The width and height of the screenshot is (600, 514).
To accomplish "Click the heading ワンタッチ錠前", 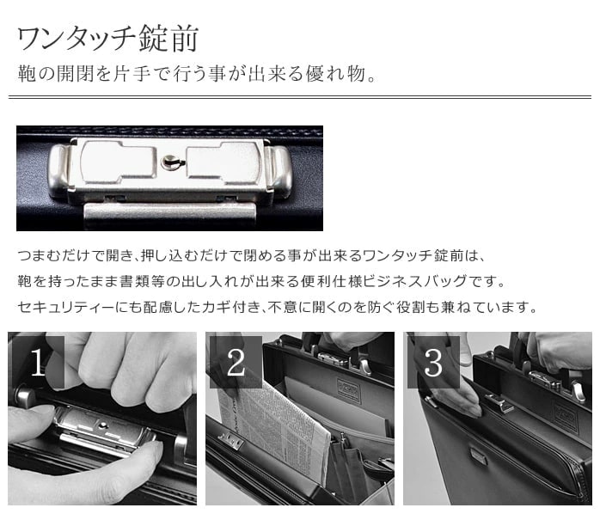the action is pyautogui.click(x=107, y=39).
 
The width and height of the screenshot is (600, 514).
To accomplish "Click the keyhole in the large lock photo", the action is pyautogui.click(x=169, y=162).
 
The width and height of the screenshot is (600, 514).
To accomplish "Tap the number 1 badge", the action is pyautogui.click(x=38, y=362).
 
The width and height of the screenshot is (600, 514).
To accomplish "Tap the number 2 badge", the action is pyautogui.click(x=236, y=362).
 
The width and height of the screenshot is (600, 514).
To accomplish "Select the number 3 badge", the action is pyautogui.click(x=433, y=362).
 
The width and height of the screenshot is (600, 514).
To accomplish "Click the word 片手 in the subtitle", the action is pyautogui.click(x=131, y=73).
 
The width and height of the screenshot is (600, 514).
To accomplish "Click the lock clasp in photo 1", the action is pyautogui.click(x=102, y=431).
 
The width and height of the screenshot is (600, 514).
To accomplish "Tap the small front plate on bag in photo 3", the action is pyautogui.click(x=479, y=456).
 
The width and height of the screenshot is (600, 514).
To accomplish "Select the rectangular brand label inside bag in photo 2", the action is pyautogui.click(x=349, y=390).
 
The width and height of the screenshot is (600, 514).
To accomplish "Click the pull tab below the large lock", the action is pyautogui.click(x=169, y=215).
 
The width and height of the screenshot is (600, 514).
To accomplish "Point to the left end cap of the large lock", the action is pyautogui.click(x=58, y=171).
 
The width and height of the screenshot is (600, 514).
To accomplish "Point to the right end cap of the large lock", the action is pyautogui.click(x=280, y=172).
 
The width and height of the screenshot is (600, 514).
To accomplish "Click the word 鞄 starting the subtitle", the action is pyautogui.click(x=27, y=73).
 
